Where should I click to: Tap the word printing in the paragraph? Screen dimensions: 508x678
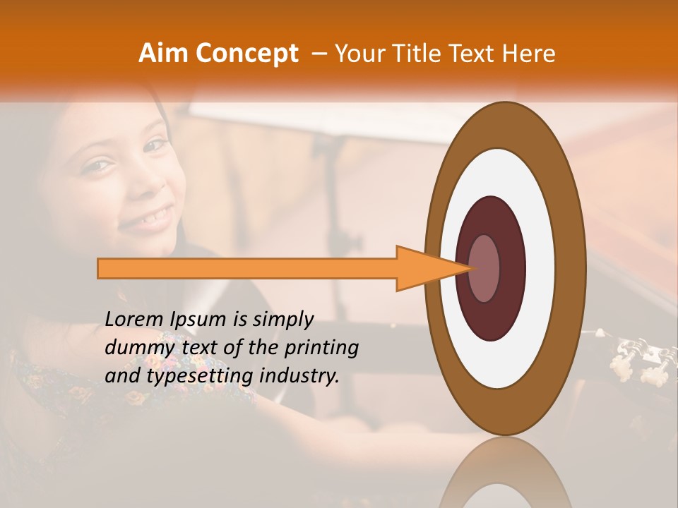pos(321,348)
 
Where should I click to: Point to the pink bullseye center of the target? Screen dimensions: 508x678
pos(484,268)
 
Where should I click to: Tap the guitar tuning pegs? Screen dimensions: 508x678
pos(639,356)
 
